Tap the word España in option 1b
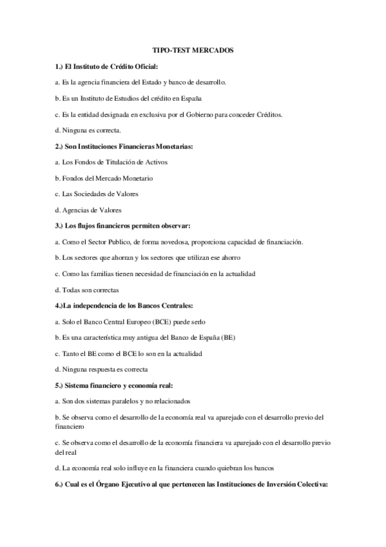191,99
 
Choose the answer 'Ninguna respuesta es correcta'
102,370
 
